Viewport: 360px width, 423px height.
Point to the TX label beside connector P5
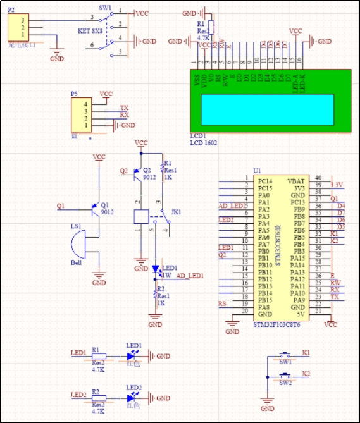coord(123,108)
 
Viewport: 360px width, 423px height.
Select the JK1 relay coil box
coord(141,216)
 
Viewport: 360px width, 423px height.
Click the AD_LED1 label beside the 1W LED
coord(190,276)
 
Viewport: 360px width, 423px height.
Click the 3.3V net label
coord(337,184)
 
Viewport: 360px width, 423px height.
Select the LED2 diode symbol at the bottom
coord(133,398)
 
